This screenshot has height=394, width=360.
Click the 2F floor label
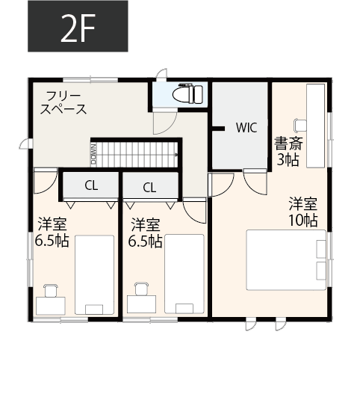[x=78, y=27]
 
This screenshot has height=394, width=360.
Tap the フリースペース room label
[x=64, y=102]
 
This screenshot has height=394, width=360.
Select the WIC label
[x=246, y=127]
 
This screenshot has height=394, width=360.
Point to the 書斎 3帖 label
[x=288, y=150]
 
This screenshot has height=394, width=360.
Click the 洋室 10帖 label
[x=304, y=211]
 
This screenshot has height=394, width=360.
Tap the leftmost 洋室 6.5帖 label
[x=52, y=233]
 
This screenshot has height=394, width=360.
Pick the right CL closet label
[x=149, y=187]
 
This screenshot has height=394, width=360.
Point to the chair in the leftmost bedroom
[x=51, y=290]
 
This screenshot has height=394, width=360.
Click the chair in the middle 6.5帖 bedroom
[x=139, y=290]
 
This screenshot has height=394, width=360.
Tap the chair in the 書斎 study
[x=300, y=125]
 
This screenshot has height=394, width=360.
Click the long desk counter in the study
[x=316, y=126]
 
